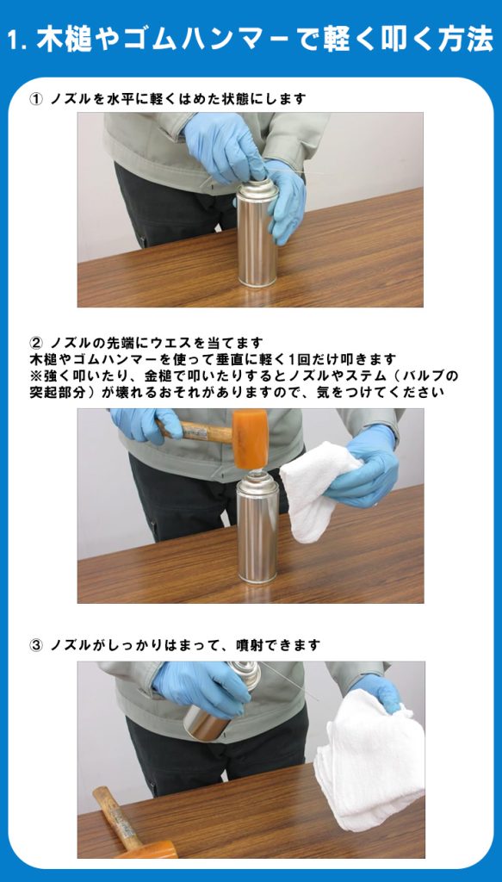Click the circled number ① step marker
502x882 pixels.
pos(35,99)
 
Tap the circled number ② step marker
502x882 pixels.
pos(35,343)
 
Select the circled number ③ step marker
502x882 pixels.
pos(35,645)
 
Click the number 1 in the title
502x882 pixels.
pos(15,41)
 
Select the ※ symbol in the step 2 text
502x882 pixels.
pos(35,376)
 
